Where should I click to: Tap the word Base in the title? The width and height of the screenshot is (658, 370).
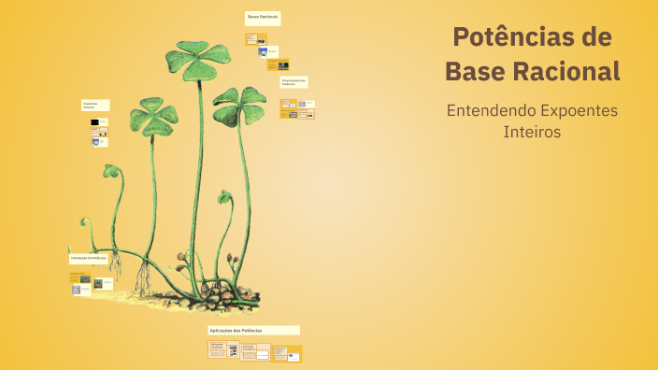click(474, 71)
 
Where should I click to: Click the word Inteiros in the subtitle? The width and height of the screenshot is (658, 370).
click(532, 133)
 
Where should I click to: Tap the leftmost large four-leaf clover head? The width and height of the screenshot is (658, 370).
click(150, 116)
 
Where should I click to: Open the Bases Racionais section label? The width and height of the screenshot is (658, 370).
click(263, 18)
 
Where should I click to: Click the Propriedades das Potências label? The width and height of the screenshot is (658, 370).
click(293, 82)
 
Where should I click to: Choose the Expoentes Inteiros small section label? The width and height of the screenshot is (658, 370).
click(95, 106)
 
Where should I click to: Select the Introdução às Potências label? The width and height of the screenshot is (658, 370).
click(89, 257)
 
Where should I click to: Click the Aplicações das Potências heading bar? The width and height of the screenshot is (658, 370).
click(253, 331)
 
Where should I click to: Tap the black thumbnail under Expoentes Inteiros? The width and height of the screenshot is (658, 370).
click(94, 122)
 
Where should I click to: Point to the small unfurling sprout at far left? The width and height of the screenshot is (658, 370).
click(87, 224)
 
